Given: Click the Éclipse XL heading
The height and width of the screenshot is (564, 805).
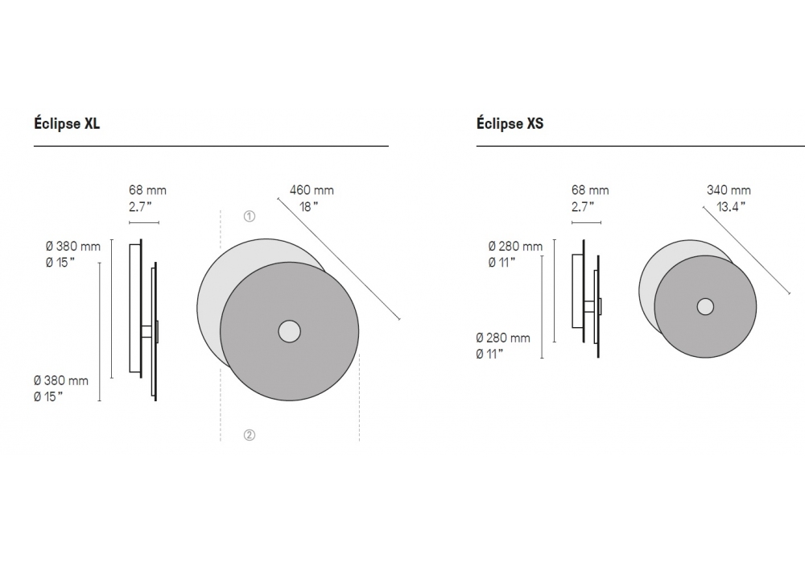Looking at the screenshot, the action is tap(67, 124).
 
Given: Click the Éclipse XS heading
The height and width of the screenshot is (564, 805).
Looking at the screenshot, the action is tap(510, 124).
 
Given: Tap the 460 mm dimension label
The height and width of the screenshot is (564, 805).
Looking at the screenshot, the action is tap(312, 190).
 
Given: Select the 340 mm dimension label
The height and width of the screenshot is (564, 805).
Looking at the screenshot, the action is tap(729, 190).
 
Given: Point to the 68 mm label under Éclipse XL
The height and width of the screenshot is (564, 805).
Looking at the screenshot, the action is tap(147, 190).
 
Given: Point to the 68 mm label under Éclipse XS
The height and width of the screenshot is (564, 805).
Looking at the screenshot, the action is tap(590, 190).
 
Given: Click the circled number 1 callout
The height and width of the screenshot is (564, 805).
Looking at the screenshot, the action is tap(249, 216).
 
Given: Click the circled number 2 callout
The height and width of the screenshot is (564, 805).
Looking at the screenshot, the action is tap(249, 435).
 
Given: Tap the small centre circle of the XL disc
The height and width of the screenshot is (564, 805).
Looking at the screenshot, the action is tap(289, 331).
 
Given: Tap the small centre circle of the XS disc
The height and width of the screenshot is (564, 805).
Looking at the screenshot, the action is tap(705, 307).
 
